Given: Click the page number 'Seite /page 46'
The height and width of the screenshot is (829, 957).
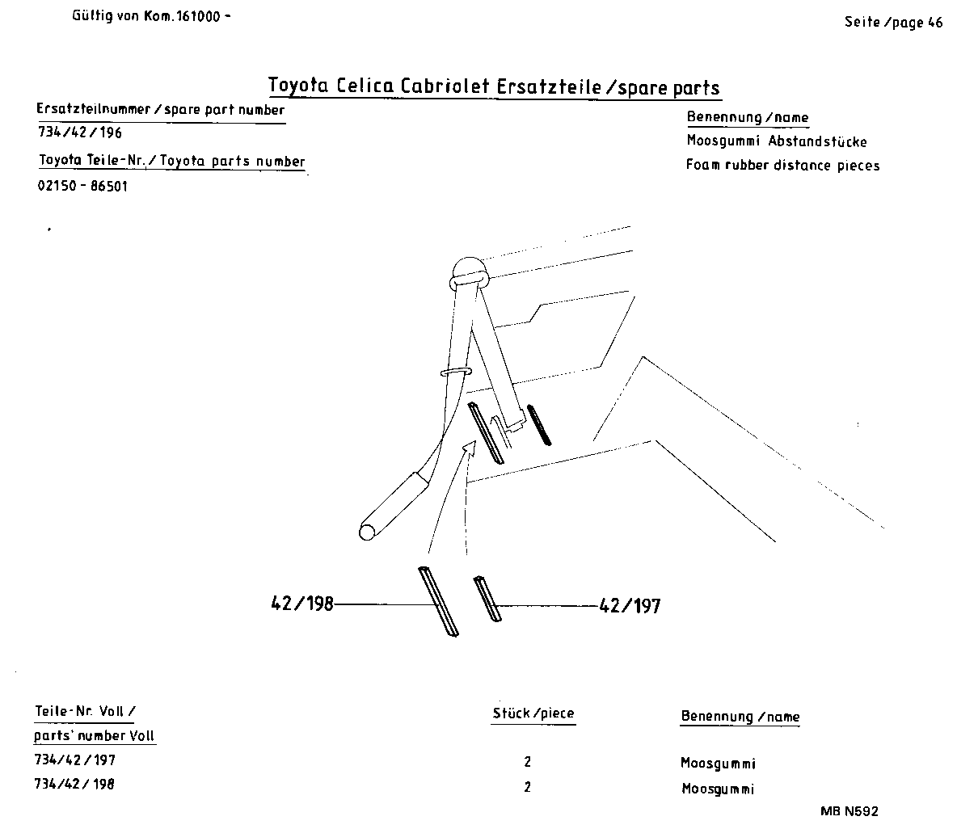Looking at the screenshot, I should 893,23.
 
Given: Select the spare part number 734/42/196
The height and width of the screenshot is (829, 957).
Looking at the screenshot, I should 80,133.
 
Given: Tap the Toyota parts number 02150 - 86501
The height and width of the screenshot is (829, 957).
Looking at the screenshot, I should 82,186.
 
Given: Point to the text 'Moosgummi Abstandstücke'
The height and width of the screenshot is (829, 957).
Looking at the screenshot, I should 776,141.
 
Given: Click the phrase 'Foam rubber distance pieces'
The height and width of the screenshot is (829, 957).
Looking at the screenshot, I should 782,166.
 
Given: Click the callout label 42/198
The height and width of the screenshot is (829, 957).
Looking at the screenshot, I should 301,604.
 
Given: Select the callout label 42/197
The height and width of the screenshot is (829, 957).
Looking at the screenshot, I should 630,605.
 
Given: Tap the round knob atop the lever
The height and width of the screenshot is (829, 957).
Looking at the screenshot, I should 468,267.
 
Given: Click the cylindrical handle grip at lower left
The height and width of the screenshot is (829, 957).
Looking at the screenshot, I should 393,505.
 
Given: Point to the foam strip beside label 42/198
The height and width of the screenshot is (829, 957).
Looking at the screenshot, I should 437,603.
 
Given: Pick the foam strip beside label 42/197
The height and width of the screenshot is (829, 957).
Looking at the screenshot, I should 487,599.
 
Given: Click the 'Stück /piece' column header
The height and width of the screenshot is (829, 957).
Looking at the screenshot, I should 533,713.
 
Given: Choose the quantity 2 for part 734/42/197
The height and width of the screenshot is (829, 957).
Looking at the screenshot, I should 528,762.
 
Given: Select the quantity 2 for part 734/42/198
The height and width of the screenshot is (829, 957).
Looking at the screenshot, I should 528,787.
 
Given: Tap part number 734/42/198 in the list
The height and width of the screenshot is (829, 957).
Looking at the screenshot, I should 74,784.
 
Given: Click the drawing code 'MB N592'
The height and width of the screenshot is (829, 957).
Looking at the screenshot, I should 849,811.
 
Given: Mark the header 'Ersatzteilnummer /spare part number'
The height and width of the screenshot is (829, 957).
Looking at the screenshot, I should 161,110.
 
